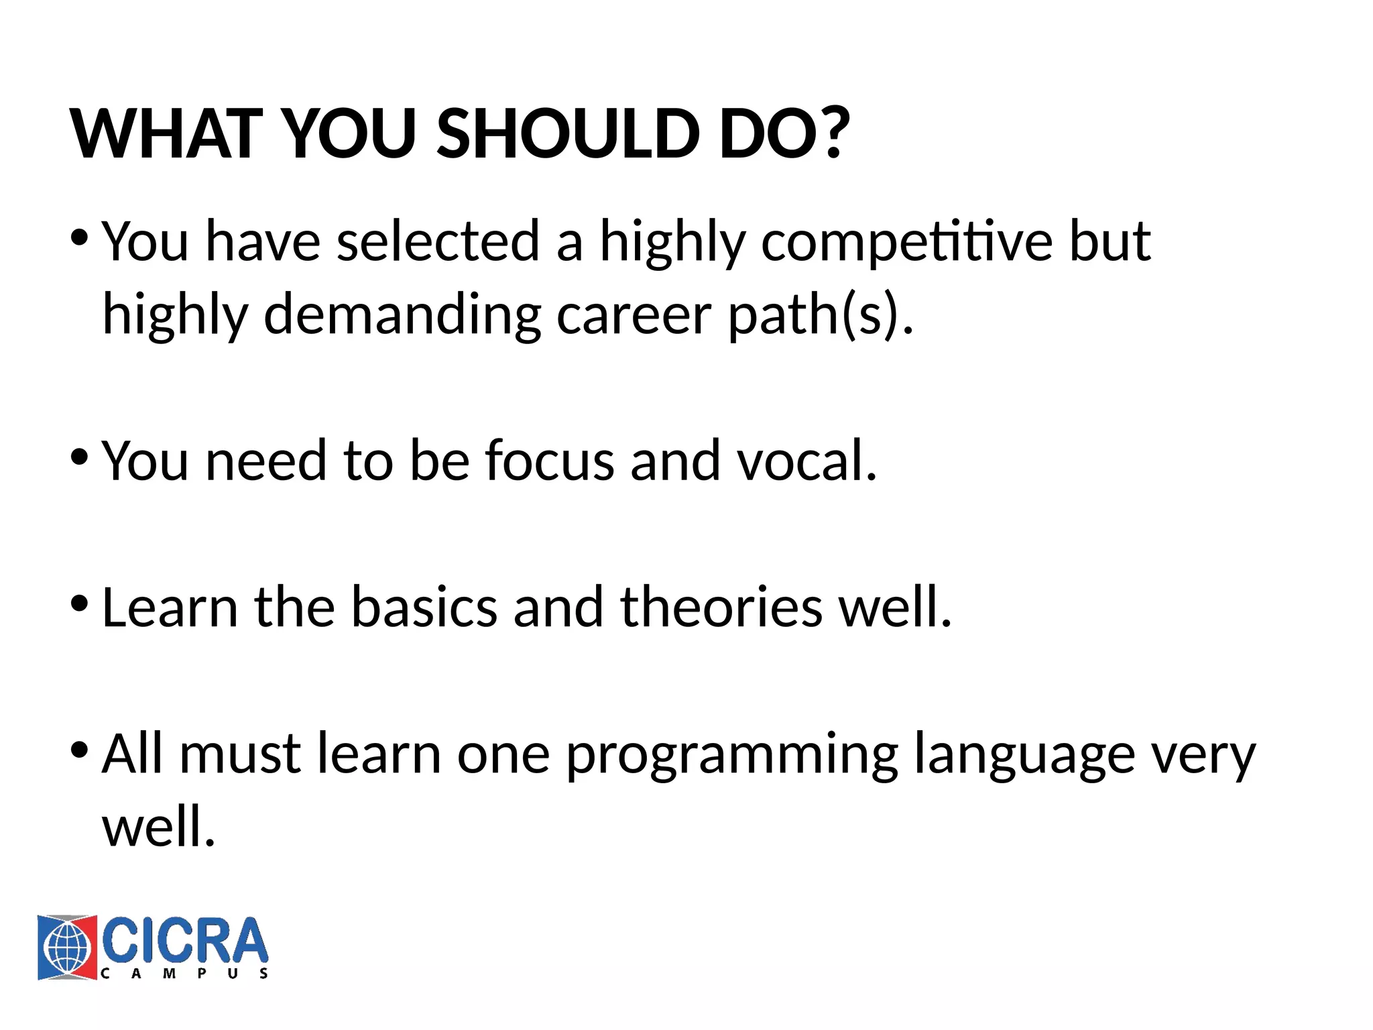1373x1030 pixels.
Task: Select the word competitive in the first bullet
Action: pyautogui.click(x=906, y=243)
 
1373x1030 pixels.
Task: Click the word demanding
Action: pyautogui.click(x=402, y=315)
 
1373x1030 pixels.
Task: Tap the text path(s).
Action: pyautogui.click(x=821, y=315)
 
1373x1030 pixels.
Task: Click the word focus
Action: pyautogui.click(x=550, y=461)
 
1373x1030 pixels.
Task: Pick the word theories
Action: pyautogui.click(x=721, y=607)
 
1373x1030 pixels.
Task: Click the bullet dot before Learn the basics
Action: pyautogui.click(x=79, y=604)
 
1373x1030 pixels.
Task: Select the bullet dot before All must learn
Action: pyautogui.click(x=79, y=750)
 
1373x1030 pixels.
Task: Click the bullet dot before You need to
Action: pyautogui.click(x=79, y=458)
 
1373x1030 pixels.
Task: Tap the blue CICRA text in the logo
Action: pyautogui.click(x=184, y=941)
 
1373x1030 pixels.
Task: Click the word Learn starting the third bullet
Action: pyautogui.click(x=170, y=607)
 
